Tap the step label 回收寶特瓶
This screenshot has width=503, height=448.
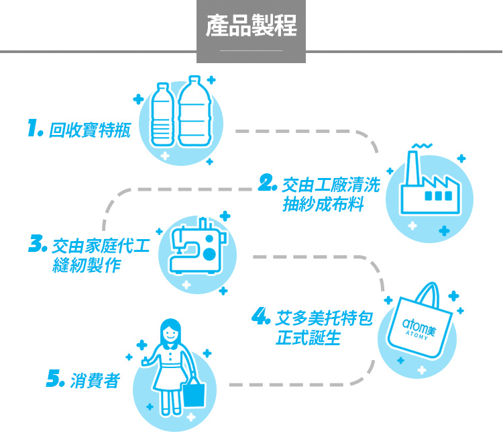89,129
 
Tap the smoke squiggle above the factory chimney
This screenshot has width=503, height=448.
421,145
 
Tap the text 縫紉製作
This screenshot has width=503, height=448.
87,266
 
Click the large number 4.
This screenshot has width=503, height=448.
261,316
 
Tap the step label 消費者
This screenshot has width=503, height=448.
94,382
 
